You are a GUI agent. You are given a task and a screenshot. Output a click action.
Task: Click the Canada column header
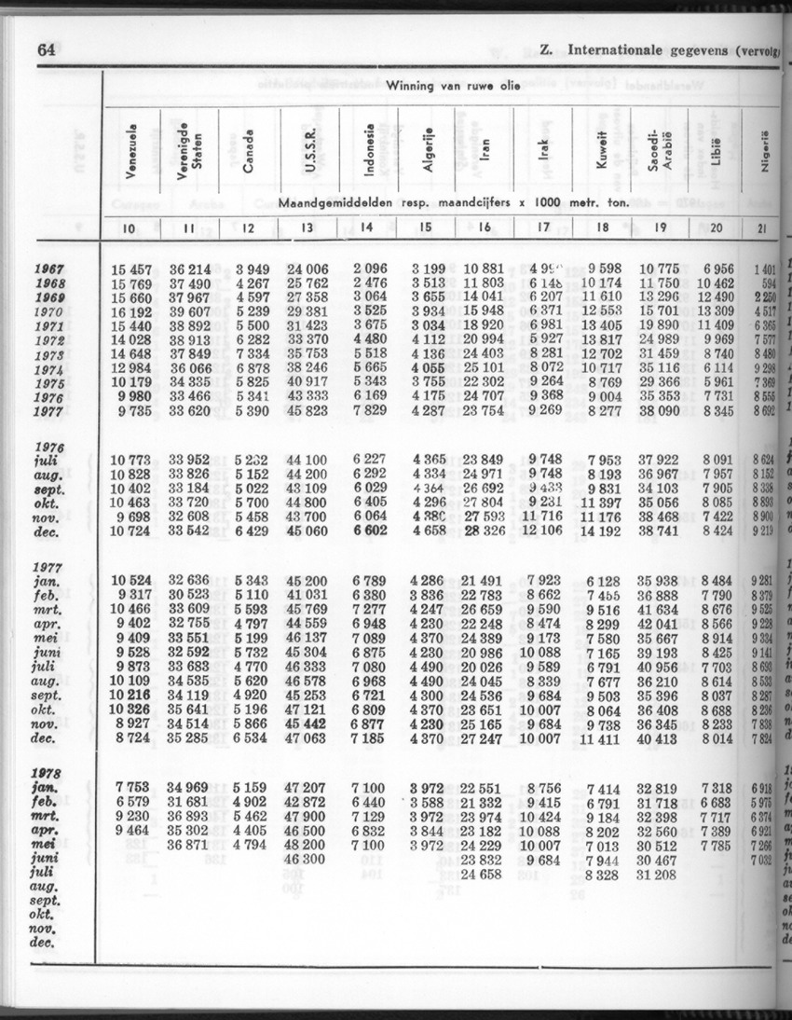tap(248, 150)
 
